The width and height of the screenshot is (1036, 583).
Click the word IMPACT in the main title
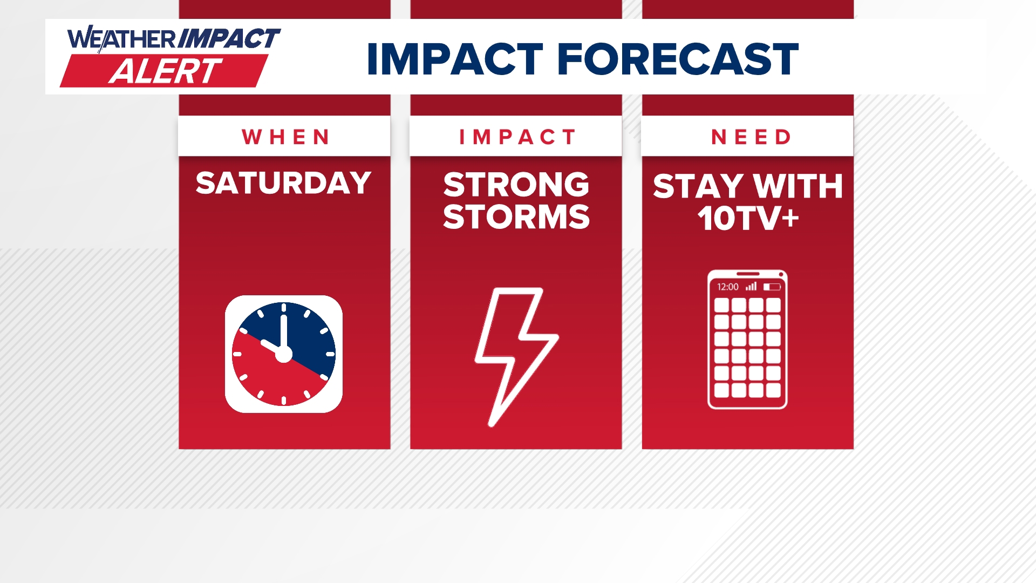[454, 59]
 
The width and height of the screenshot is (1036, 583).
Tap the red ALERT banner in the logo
[164, 71]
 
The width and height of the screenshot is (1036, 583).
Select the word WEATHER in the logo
[121, 39]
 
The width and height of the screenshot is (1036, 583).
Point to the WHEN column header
[285, 137]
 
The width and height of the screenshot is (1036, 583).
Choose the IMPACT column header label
[517, 137]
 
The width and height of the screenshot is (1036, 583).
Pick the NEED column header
[751, 137]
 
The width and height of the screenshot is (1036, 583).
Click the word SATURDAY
[284, 183]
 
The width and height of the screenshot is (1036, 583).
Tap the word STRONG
[516, 185]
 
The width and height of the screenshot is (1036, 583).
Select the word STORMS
[516, 217]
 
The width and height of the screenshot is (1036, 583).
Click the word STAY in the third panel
[698, 186]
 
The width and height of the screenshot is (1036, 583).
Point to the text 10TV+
[748, 219]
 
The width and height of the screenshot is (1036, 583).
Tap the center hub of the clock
[284, 354]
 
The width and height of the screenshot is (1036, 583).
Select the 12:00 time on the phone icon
[727, 287]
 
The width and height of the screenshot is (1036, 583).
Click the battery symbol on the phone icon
[772, 287]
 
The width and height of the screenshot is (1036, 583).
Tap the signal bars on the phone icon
[751, 286]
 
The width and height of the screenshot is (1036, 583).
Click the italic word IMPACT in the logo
[229, 38]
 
